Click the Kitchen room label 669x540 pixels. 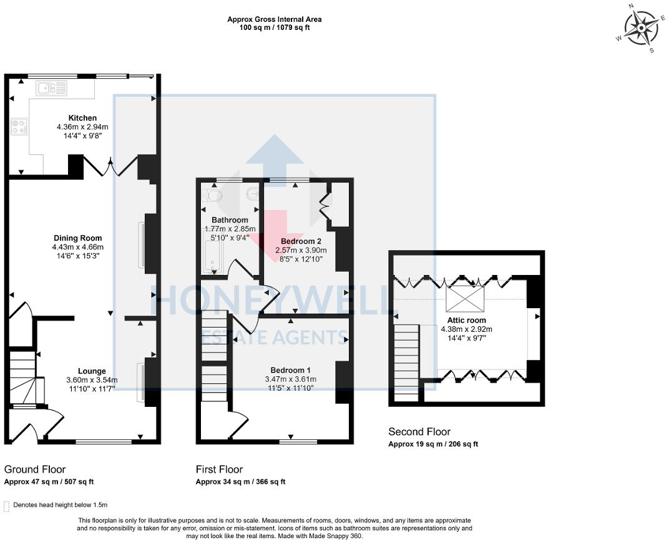pyautogui.click(x=83, y=118)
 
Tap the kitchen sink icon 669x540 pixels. pyautogui.click(x=52, y=88)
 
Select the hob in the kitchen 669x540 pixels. pyautogui.click(x=19, y=126)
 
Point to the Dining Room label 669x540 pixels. pyautogui.click(x=77, y=238)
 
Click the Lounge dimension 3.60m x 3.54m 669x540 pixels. pyautogui.click(x=92, y=380)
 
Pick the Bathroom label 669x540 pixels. pyautogui.click(x=230, y=220)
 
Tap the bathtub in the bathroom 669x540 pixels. pyautogui.click(x=212, y=257)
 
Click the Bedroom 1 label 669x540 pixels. pyautogui.click(x=291, y=371)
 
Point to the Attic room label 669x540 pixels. pyautogui.click(x=466, y=320)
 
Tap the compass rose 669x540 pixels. pyautogui.click(x=641, y=27)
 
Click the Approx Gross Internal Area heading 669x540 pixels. pyautogui.click(x=275, y=19)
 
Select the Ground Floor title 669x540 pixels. pyautogui.click(x=35, y=469)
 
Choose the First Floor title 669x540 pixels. pyautogui.click(x=219, y=469)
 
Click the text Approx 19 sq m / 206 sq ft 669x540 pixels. pyautogui.click(x=433, y=444)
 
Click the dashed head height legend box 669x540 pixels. pyautogui.click(x=6, y=506)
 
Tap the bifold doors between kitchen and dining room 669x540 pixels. pyautogui.click(x=110, y=166)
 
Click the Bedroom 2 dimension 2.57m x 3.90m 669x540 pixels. pyautogui.click(x=301, y=251)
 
